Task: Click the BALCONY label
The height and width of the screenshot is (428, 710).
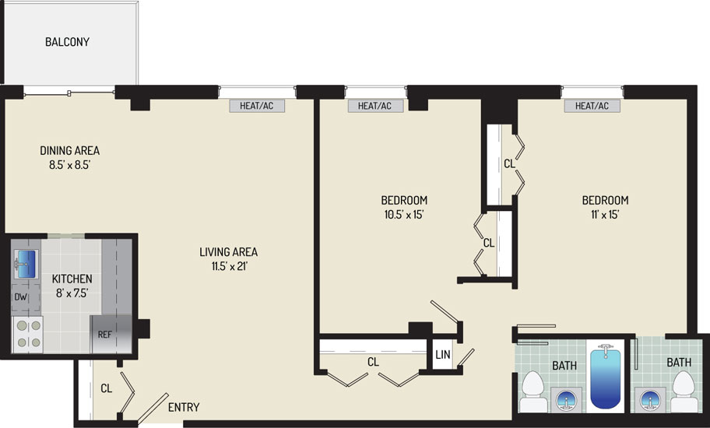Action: click(67, 42)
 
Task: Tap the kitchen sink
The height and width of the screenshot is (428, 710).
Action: click(26, 264)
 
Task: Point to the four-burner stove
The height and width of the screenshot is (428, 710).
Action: click(27, 335)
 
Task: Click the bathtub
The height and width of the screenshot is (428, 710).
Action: click(605, 377)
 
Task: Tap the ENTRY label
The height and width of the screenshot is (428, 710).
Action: click(184, 407)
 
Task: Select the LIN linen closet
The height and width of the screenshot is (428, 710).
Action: click(442, 354)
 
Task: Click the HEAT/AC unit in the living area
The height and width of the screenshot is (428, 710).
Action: click(257, 106)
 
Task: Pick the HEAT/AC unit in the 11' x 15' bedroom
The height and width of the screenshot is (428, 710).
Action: click(592, 106)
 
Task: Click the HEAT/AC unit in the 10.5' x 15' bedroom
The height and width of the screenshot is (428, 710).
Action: click(375, 106)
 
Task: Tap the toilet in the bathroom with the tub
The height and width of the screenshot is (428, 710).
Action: click(532, 391)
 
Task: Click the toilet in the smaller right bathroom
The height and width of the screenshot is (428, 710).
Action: click(684, 391)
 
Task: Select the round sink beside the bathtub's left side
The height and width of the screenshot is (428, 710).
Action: click(566, 401)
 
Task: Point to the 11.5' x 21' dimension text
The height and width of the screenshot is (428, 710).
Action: click(229, 266)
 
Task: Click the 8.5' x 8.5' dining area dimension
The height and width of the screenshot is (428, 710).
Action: click(70, 165)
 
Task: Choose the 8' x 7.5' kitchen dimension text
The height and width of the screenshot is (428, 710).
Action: click(72, 293)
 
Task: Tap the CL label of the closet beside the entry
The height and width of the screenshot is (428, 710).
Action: click(107, 388)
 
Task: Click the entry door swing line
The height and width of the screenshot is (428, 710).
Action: click(153, 407)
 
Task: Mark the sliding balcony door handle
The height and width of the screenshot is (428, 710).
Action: click(69, 94)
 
